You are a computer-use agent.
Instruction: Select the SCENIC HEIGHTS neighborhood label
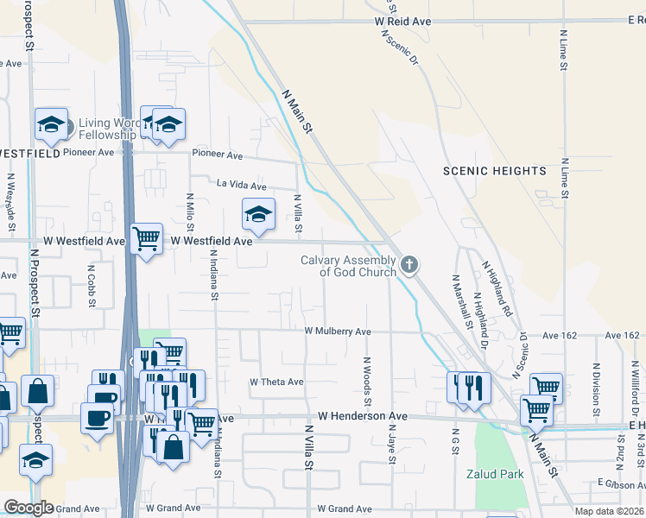495,171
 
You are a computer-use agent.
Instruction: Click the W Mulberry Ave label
338,332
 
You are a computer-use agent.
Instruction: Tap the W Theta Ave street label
276,382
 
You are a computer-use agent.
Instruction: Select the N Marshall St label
456,302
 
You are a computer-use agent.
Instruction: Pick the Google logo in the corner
28,508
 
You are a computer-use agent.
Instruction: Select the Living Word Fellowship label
107,129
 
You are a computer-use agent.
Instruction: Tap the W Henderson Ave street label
362,416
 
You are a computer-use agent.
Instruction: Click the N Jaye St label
391,448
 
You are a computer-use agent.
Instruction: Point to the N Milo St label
190,212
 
